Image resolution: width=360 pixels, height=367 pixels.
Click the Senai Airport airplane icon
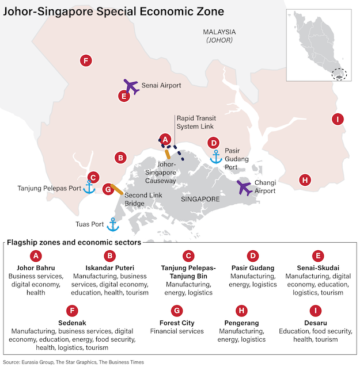pyautogui.click(x=132, y=87)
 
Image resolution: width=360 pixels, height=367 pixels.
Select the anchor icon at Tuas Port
pyautogui.click(x=113, y=224)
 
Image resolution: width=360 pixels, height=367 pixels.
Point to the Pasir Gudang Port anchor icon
pyautogui.click(x=216, y=156)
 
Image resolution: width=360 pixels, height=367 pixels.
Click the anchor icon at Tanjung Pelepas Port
pyautogui.click(x=89, y=188)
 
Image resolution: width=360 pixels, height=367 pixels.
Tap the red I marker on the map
pyautogui.click(x=338, y=119)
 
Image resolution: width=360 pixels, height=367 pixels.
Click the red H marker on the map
pyautogui.click(x=305, y=180)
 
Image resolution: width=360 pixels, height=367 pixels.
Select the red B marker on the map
pyautogui.click(x=120, y=157)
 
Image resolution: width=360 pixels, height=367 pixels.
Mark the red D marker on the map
pyautogui.click(x=213, y=143)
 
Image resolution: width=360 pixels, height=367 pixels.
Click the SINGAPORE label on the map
pyautogui.click(x=200, y=199)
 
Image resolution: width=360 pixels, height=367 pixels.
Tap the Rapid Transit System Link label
pyautogui.click(x=196, y=121)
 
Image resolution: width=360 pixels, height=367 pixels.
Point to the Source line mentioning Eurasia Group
pyautogui.click(x=73, y=362)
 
